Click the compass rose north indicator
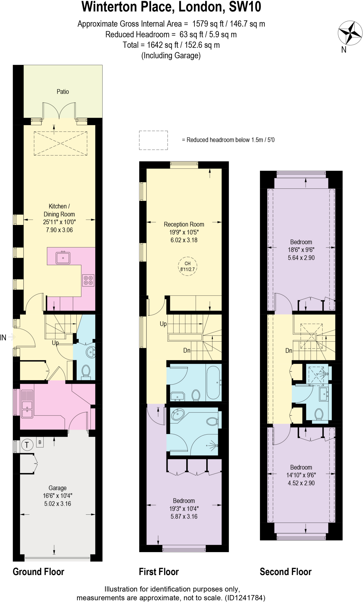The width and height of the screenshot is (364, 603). tap(350, 33)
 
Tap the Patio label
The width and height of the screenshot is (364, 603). tap(62, 92)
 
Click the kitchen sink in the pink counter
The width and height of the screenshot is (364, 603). tap(63, 258)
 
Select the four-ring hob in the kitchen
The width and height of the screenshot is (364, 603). tap(88, 280)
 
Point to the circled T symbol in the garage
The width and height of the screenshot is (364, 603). tap(27, 445)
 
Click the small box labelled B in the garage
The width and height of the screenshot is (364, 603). tap(40, 442)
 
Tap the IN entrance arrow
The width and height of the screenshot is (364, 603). tap(8, 337)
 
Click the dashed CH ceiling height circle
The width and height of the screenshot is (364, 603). tap(187, 266)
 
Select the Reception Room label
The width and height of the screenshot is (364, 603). tap(184, 224)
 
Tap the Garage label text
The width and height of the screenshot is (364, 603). tap(57, 488)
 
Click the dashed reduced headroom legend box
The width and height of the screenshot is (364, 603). tap(153, 140)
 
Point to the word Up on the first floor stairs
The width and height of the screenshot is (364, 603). tap(163, 324)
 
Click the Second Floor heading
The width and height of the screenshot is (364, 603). tap(285, 572)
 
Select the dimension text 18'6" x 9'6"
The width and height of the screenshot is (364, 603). tap(301, 250)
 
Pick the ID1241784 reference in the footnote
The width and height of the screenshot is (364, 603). tap(245, 598)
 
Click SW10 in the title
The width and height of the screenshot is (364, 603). tap(245, 7)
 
